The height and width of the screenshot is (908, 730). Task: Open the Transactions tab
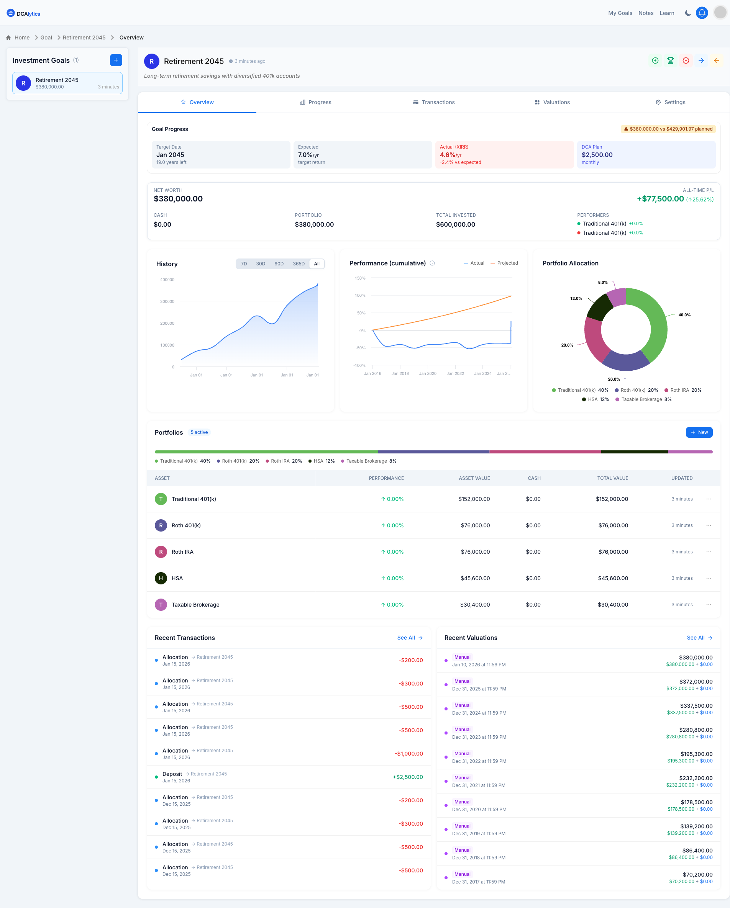pyautogui.click(x=434, y=102)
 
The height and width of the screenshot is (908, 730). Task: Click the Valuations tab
pyautogui.click(x=552, y=102)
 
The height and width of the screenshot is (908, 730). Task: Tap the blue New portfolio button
pyautogui.click(x=699, y=432)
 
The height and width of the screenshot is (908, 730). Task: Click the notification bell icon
pyautogui.click(x=702, y=13)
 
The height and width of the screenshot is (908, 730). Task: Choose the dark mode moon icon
pyautogui.click(x=688, y=13)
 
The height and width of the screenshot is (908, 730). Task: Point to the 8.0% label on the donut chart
pyautogui.click(x=603, y=283)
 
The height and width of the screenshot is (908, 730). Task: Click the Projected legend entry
pyautogui.click(x=505, y=263)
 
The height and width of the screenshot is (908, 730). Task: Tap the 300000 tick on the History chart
pyautogui.click(x=167, y=301)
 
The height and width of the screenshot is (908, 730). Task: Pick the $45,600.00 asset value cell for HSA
pyautogui.click(x=475, y=578)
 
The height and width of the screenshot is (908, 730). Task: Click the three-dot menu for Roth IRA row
pyautogui.click(x=709, y=552)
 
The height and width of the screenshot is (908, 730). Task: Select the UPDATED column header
pyautogui.click(x=682, y=478)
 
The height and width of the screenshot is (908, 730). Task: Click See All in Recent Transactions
pyautogui.click(x=410, y=638)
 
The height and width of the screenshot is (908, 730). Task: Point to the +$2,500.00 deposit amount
pyautogui.click(x=408, y=777)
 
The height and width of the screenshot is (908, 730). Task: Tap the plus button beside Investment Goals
pyautogui.click(x=116, y=60)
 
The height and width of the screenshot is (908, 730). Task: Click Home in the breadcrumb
pyautogui.click(x=22, y=38)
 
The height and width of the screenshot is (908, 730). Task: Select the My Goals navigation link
pyautogui.click(x=620, y=13)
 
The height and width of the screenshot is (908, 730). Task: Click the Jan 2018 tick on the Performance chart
pyautogui.click(x=400, y=373)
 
